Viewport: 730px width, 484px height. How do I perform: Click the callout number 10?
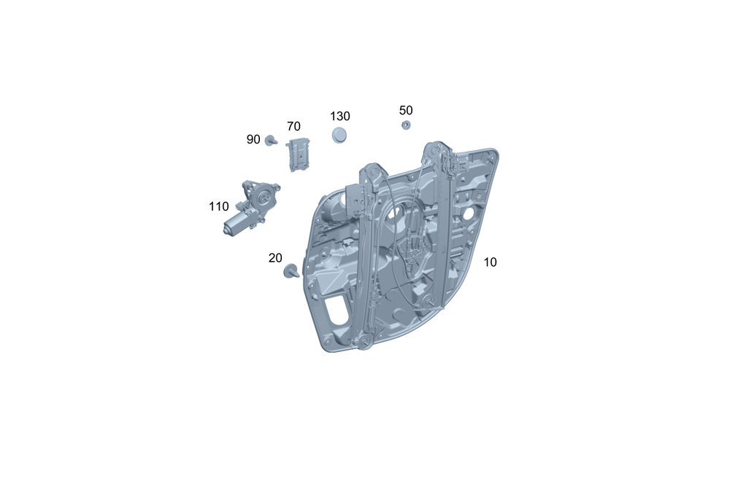tap(490, 262)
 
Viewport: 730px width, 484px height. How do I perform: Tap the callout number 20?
tap(275, 258)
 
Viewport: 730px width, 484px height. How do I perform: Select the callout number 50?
tap(405, 111)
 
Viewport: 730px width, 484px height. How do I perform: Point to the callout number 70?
tap(293, 126)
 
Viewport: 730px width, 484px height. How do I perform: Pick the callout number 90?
tap(253, 139)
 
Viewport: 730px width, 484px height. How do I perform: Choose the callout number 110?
tap(218, 206)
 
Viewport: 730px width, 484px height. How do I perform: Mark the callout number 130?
tap(340, 116)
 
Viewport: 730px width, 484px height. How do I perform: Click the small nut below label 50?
tap(406, 125)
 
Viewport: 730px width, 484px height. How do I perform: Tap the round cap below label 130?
tap(339, 136)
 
